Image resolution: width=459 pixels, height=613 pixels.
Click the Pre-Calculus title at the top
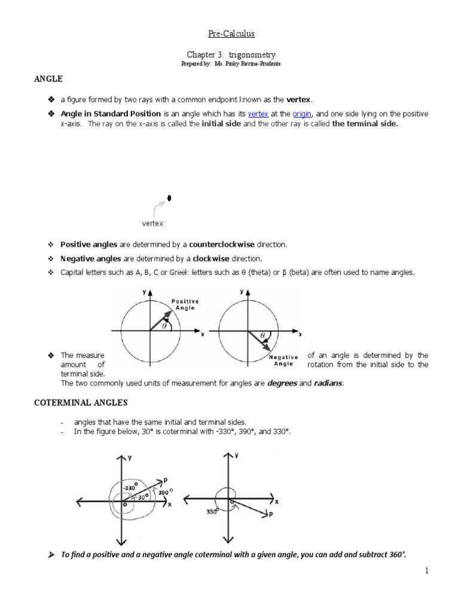229,35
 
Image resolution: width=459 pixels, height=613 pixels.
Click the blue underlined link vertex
258,114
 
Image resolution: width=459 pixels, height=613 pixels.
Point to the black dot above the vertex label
169,198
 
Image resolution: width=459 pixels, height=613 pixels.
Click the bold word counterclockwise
222,244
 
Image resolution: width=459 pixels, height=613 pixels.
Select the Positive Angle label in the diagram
185,304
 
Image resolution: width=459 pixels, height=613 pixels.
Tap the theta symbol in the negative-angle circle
261,336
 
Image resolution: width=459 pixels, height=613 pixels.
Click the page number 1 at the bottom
427,570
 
